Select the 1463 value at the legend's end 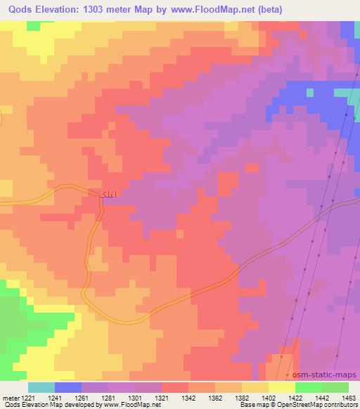click(349, 398)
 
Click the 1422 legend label click(297, 398)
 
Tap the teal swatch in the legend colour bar click(41, 387)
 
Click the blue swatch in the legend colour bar click(68, 387)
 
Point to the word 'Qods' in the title click(18, 8)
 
